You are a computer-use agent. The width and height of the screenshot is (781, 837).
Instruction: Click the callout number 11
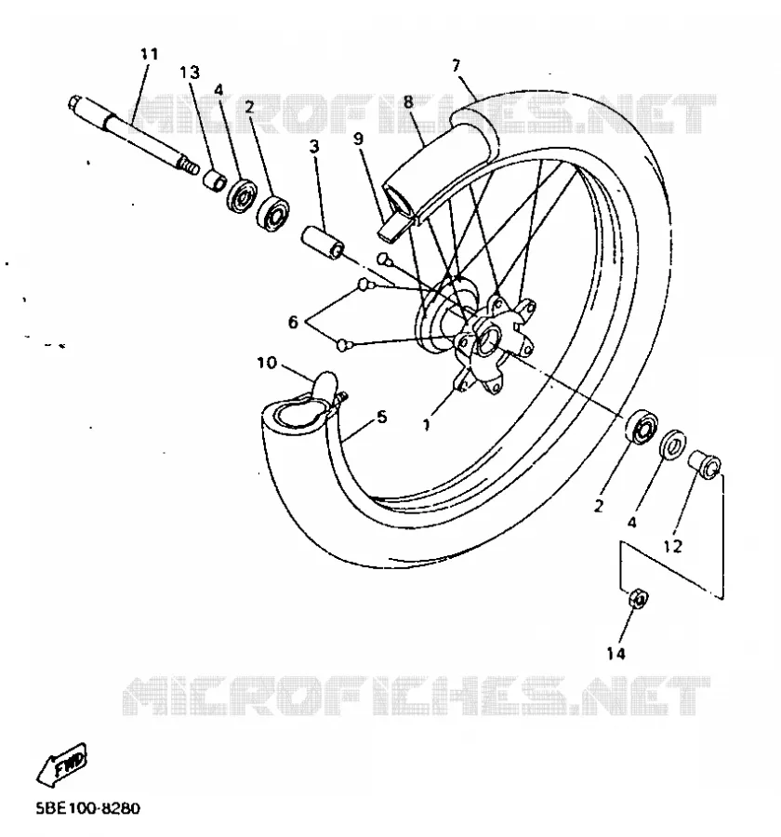(x=150, y=54)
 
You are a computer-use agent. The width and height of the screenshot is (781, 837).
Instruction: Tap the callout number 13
(x=190, y=72)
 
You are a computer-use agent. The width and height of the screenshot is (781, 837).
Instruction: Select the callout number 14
(x=616, y=653)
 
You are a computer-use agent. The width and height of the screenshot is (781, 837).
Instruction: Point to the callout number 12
(x=672, y=546)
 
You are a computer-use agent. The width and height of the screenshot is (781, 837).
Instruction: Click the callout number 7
(x=456, y=66)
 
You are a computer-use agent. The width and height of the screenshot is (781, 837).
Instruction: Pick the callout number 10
(x=267, y=363)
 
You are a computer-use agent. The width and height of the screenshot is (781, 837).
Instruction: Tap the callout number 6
(x=293, y=322)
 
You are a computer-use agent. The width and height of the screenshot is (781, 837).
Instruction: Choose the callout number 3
(x=314, y=146)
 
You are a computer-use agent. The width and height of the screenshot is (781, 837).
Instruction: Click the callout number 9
(x=358, y=139)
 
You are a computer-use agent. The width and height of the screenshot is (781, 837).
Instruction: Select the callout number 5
(x=382, y=417)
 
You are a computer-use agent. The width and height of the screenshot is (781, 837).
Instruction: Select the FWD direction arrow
(x=62, y=763)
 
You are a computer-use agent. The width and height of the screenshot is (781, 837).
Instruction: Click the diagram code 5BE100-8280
(x=88, y=808)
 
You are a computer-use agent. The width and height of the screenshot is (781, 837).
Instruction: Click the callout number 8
(x=408, y=101)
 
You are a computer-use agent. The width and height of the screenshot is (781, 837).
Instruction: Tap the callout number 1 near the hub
(x=426, y=425)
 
